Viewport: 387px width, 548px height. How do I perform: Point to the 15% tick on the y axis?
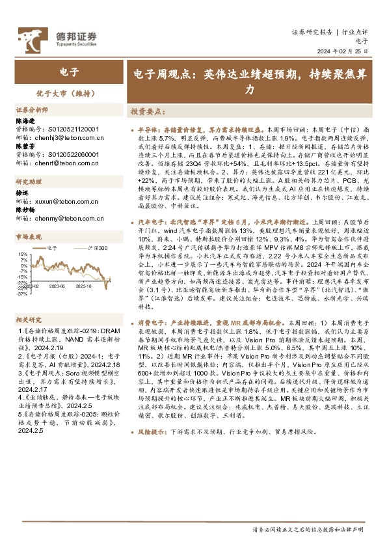click(x=22, y=254)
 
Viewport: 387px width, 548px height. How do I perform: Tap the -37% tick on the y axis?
click(x=22, y=294)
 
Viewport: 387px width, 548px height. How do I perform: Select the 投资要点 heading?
click(x=146, y=111)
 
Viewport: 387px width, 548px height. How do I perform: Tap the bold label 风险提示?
click(x=150, y=485)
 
